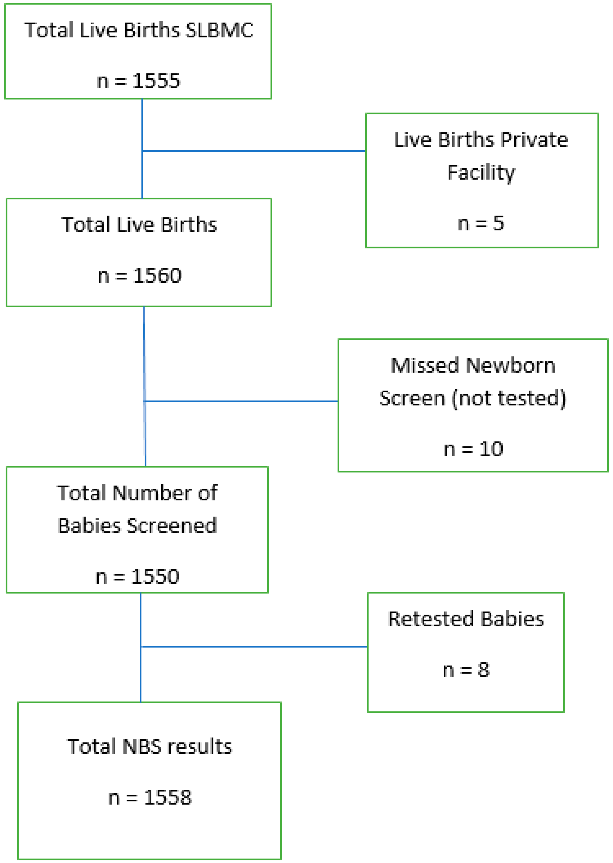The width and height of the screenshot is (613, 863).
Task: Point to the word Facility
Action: point(481,173)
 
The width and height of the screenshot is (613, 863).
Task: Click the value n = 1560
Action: point(139,275)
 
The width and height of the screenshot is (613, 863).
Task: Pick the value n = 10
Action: point(473,449)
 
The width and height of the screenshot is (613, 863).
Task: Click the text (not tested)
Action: point(509,399)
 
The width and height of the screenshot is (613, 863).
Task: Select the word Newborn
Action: point(510,366)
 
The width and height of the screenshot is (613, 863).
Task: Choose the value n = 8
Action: point(466,670)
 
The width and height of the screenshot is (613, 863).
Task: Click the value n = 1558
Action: point(150,798)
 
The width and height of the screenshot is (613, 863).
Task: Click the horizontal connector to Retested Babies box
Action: point(254,647)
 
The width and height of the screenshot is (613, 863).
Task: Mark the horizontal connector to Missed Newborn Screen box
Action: point(241,401)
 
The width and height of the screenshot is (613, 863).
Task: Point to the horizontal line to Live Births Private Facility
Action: point(254,151)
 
